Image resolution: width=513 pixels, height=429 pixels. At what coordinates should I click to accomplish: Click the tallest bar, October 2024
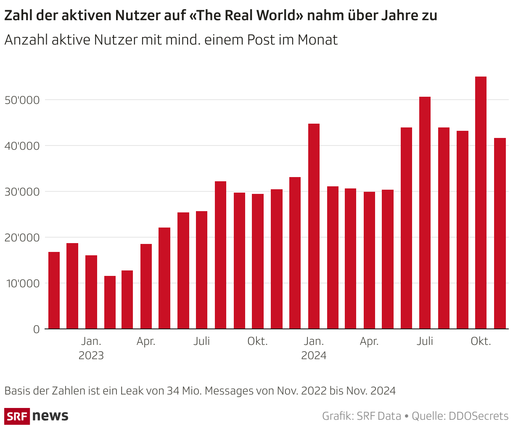click(x=481, y=202)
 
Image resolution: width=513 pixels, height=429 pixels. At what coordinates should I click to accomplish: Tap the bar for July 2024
click(x=425, y=212)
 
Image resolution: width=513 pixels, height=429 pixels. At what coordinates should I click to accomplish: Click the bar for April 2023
click(x=146, y=286)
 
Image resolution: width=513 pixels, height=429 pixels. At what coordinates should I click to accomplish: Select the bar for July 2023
click(x=202, y=270)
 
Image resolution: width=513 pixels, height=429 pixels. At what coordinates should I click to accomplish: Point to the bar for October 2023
click(x=258, y=261)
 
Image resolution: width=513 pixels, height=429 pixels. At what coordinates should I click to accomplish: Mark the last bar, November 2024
click(x=500, y=233)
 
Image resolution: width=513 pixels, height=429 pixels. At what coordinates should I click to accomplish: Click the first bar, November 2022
click(x=54, y=290)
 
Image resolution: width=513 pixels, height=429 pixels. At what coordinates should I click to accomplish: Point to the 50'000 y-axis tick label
click(x=22, y=100)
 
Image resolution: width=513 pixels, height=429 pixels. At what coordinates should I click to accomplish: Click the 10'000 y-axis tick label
click(x=22, y=283)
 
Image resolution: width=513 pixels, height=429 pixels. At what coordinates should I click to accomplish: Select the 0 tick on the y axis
click(x=36, y=329)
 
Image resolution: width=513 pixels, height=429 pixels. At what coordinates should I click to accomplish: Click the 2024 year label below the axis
click(x=314, y=356)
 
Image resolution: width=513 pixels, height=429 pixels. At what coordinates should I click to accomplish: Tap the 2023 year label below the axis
click(x=91, y=356)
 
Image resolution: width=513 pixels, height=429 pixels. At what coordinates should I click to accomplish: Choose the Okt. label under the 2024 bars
click(x=481, y=341)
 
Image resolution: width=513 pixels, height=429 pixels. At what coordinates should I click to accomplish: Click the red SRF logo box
click(x=17, y=416)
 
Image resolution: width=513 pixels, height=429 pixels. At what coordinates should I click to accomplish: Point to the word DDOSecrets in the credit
click(x=479, y=416)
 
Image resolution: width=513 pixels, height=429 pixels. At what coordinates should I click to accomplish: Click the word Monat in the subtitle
click(x=317, y=40)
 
